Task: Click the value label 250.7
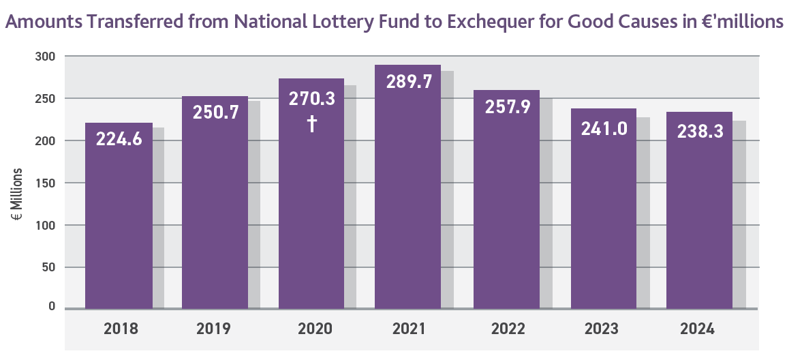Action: coord(216,112)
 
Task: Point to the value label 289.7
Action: coord(409,82)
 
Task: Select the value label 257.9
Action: coord(506,107)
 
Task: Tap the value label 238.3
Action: coord(700,131)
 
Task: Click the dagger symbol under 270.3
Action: coord(312,125)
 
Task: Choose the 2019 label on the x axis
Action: coord(214,329)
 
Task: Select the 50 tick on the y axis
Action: coord(48,267)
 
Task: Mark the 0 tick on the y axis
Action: coord(52,307)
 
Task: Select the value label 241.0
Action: coord(603,128)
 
